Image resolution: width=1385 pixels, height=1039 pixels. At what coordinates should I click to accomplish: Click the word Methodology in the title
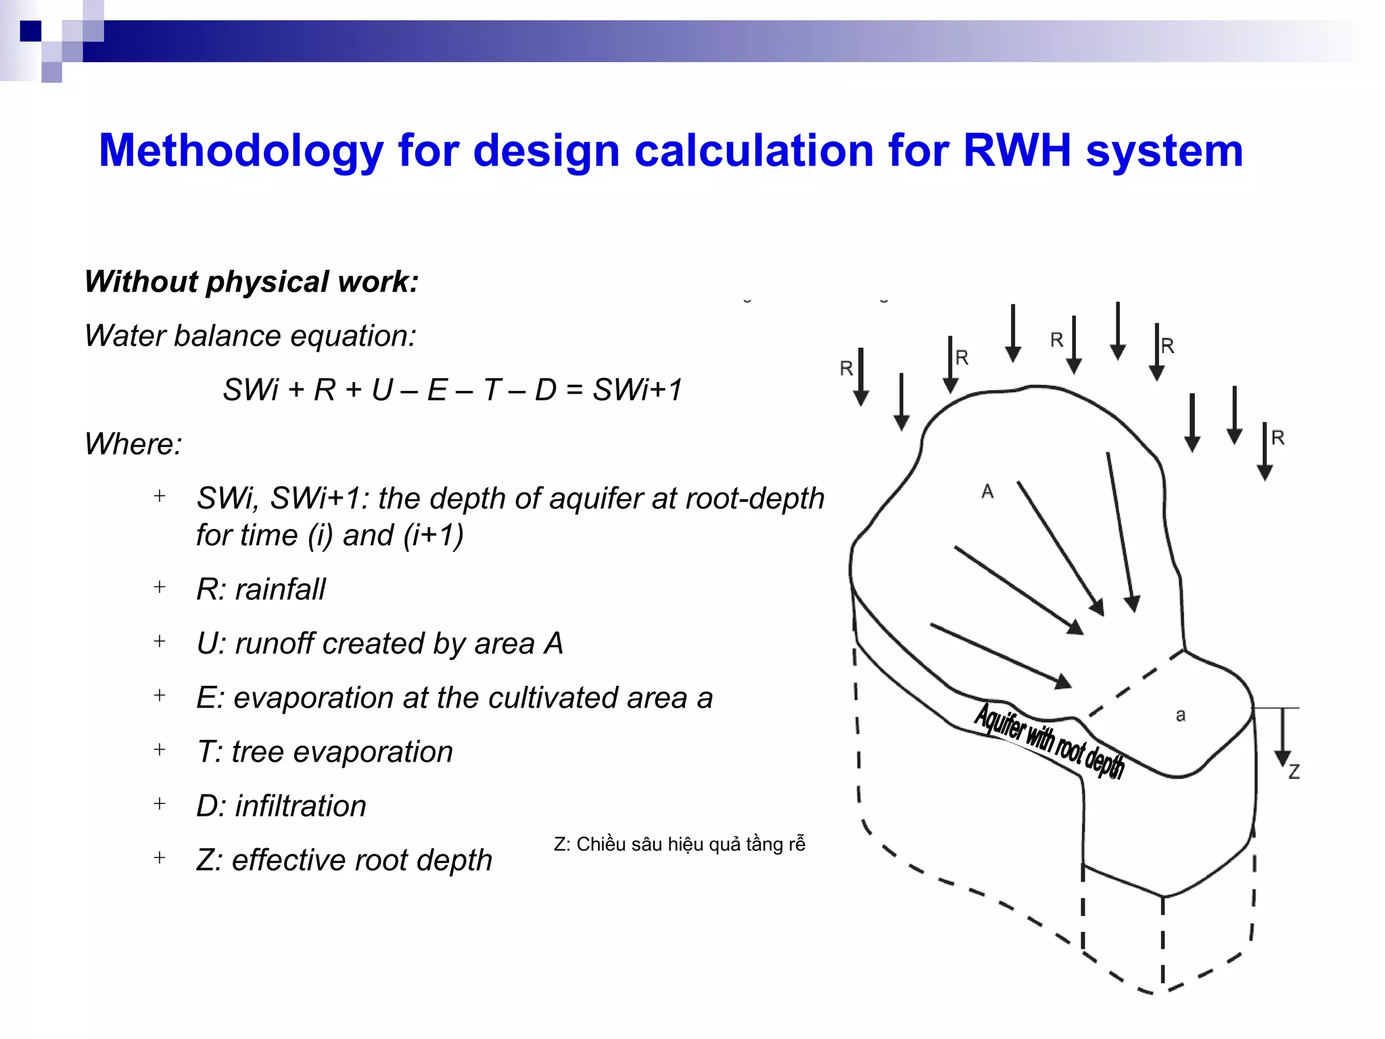(241, 150)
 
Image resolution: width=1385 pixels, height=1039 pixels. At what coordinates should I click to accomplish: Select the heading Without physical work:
(252, 281)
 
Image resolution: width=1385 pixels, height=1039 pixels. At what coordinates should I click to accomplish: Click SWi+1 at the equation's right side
(638, 390)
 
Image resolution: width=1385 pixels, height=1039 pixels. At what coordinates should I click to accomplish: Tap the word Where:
(133, 444)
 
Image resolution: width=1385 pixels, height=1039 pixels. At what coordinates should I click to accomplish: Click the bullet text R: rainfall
(261, 589)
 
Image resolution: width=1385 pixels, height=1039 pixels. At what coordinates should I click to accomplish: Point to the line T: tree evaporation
(325, 752)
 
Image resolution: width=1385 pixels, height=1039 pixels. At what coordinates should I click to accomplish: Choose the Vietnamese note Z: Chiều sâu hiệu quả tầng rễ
(679, 844)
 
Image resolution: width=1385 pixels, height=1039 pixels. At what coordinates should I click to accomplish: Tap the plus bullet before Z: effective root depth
(160, 858)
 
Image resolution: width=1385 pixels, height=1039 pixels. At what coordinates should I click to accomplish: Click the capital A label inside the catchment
(987, 492)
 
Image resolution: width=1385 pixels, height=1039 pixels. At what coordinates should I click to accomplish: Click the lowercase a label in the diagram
(1180, 715)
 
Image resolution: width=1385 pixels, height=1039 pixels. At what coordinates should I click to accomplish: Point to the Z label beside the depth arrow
(1294, 772)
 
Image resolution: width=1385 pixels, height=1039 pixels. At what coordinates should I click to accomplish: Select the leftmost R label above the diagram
(846, 369)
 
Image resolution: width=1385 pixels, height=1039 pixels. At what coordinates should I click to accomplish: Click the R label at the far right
(1277, 438)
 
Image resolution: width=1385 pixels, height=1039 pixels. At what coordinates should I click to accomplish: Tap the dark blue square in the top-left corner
(30, 31)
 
